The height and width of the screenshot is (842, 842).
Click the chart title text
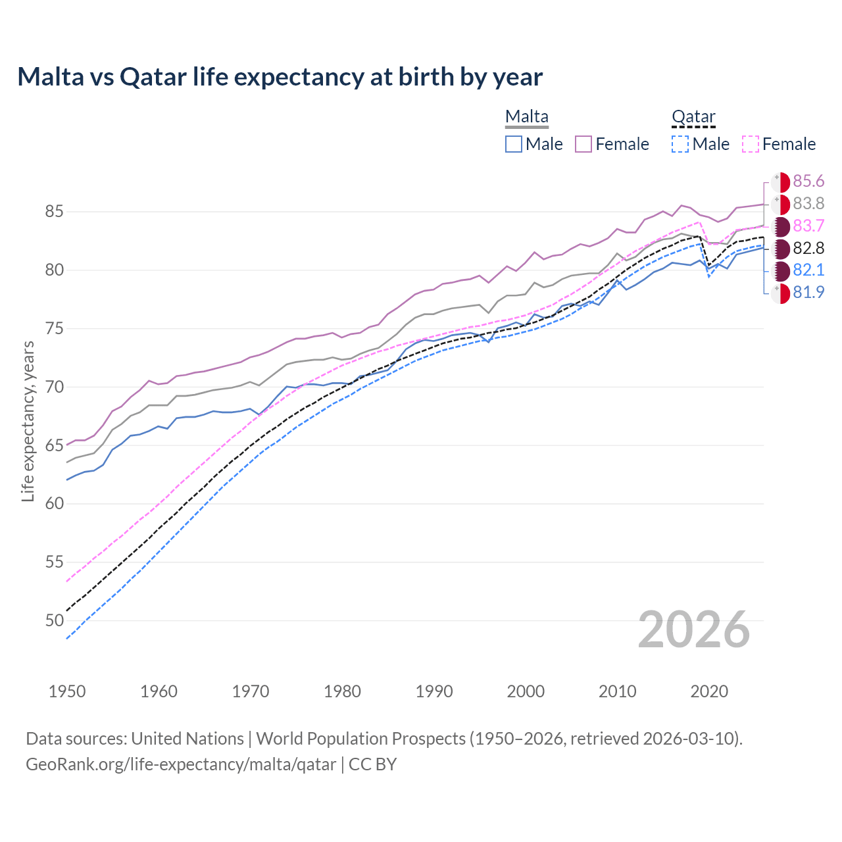pyautogui.click(x=280, y=77)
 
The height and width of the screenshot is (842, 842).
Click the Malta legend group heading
pyautogui.click(x=526, y=117)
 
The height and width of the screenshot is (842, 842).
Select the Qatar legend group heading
pyautogui.click(x=693, y=117)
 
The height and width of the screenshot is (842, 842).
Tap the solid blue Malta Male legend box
pyautogui.click(x=514, y=144)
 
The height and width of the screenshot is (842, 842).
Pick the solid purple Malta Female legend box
pyautogui.click(x=583, y=144)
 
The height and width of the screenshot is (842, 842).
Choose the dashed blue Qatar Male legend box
pyautogui.click(x=680, y=144)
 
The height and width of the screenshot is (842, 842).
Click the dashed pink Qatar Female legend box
pyautogui.click(x=751, y=144)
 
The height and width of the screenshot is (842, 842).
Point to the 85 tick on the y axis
pyautogui.click(x=54, y=212)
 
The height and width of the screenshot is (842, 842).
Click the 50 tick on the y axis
pyautogui.click(x=54, y=620)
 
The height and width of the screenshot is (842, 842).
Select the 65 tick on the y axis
pyautogui.click(x=54, y=445)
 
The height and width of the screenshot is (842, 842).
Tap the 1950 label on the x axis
pyautogui.click(x=67, y=691)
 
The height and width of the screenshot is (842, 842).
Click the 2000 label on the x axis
pyautogui.click(x=526, y=691)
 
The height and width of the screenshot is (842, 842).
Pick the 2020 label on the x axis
pyautogui.click(x=709, y=691)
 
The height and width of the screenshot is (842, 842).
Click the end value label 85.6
pyautogui.click(x=808, y=182)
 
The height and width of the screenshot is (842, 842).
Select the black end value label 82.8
pyautogui.click(x=808, y=249)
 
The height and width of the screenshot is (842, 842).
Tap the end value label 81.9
pyautogui.click(x=808, y=293)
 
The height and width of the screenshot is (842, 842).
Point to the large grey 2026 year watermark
pyautogui.click(x=693, y=630)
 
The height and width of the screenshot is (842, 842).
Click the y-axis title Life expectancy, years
pyautogui.click(x=28, y=421)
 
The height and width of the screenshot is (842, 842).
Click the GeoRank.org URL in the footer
pyautogui.click(x=181, y=764)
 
